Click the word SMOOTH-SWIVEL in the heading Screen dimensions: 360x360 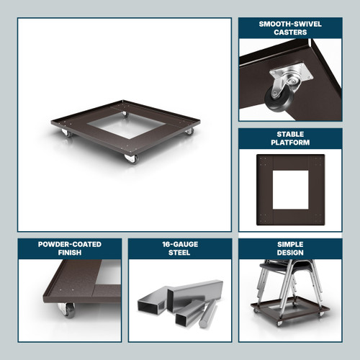[290, 24]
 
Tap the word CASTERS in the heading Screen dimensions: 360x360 [290, 32]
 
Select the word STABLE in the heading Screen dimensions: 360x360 [290, 134]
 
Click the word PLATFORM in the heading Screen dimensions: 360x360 [290, 143]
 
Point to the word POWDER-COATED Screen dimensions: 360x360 [70, 244]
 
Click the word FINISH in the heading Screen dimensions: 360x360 [70, 253]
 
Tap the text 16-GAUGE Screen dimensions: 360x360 [180, 244]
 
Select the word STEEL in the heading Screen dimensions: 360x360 [179, 253]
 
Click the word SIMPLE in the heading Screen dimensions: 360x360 [290, 244]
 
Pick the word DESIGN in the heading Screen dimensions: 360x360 [290, 253]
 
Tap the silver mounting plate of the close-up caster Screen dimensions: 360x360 [292, 71]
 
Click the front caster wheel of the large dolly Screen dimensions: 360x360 [132, 159]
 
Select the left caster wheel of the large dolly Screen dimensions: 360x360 [66, 132]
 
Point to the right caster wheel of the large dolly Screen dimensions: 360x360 [189, 131]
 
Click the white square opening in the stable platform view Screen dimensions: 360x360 [290, 189]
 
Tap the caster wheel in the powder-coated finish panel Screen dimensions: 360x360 [67, 310]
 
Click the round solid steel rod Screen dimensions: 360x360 [208, 314]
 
